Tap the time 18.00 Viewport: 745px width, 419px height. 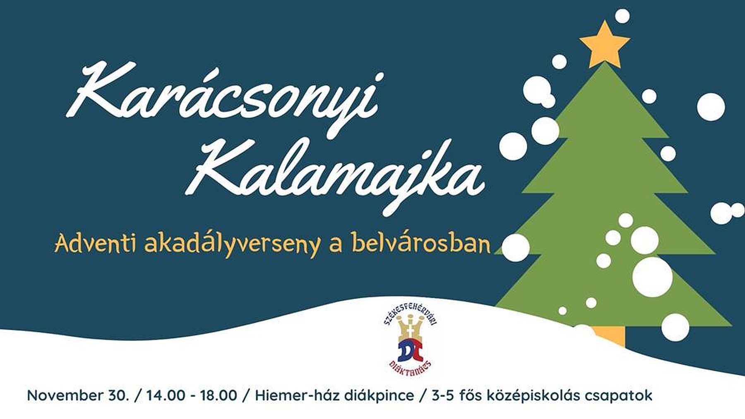click(x=219, y=395)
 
